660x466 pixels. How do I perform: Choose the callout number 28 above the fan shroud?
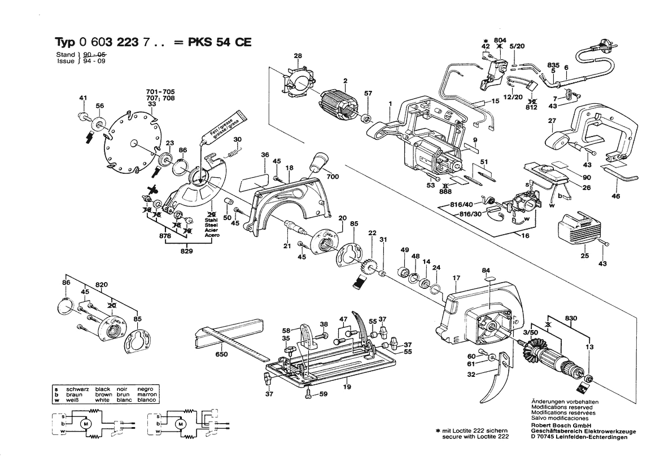[x=298, y=55]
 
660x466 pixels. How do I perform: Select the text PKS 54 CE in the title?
[x=220, y=43]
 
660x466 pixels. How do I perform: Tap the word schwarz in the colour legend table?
[x=76, y=389]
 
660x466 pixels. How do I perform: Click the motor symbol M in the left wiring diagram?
[x=86, y=423]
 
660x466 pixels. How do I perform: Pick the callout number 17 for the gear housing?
[x=456, y=278]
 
